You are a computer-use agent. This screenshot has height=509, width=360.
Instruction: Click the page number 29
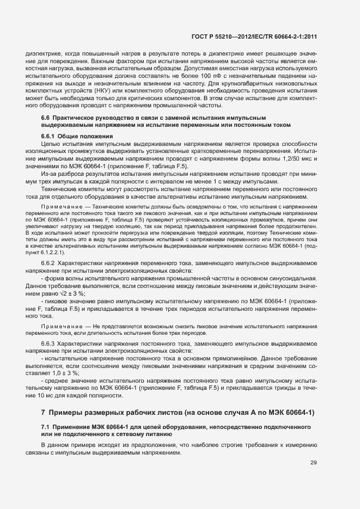(313, 463)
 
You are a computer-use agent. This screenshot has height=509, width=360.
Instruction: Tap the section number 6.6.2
(48, 263)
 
